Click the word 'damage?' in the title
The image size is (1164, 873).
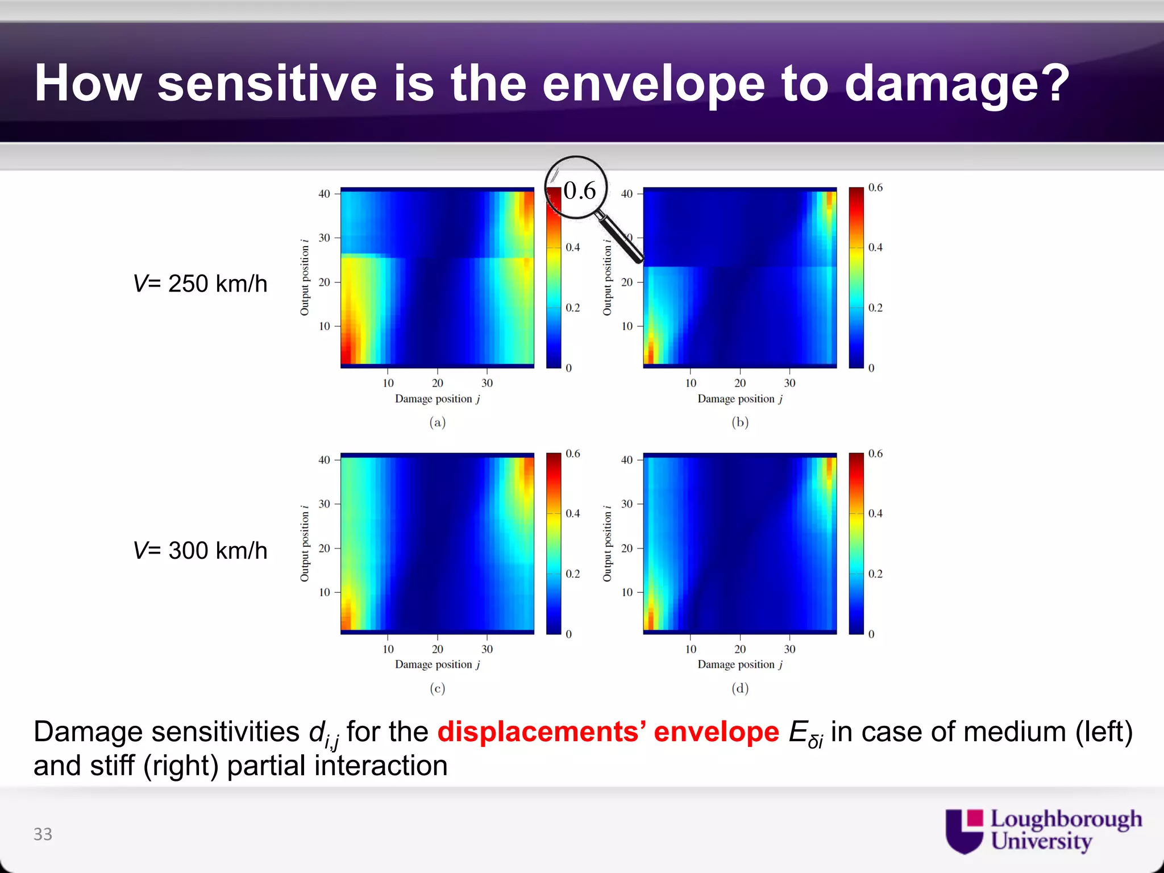(957, 84)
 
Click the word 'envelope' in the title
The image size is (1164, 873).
(654, 84)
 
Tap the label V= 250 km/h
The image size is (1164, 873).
(200, 284)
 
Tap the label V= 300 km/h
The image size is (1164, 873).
(200, 550)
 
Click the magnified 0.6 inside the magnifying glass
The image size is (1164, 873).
(580, 190)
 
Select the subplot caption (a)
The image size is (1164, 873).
(437, 422)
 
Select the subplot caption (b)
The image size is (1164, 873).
(739, 422)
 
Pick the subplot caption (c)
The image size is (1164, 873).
(437, 688)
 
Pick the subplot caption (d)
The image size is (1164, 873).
(739, 688)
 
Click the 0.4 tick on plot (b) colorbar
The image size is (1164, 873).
(875, 247)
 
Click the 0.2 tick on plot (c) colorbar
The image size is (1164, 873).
(573, 573)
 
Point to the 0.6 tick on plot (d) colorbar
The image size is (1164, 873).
(875, 454)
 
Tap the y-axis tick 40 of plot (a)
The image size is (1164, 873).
(324, 194)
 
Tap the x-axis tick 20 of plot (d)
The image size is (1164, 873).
(739, 649)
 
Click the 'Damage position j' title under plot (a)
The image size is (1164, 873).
(437, 399)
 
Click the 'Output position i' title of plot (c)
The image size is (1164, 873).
(305, 543)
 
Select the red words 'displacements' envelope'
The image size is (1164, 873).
(608, 731)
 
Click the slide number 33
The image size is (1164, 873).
(43, 834)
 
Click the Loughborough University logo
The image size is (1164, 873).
(1043, 830)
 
